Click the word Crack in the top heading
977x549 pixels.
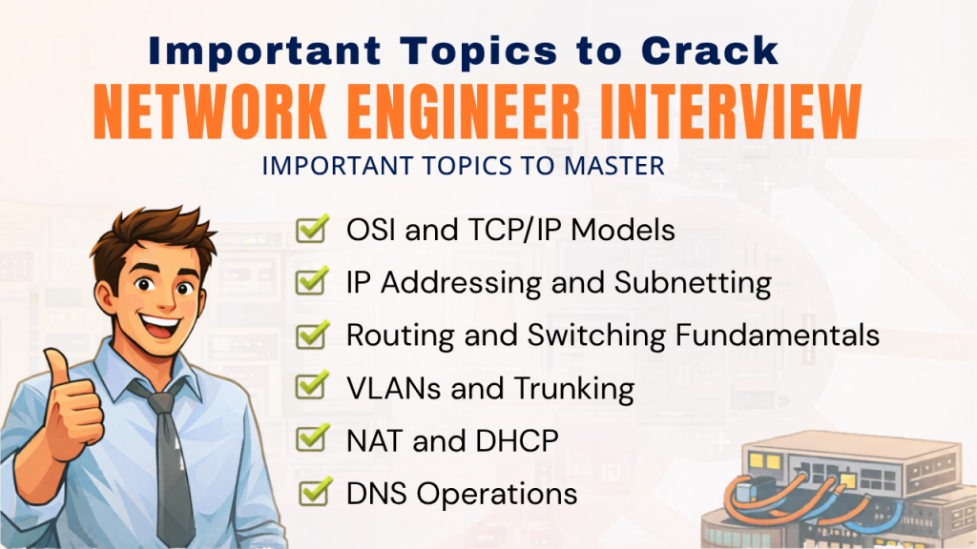(x=710, y=51)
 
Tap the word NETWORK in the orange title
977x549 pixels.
(x=210, y=112)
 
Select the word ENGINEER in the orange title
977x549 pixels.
(x=464, y=112)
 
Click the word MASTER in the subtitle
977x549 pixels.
(x=613, y=166)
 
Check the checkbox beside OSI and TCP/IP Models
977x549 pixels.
(x=313, y=229)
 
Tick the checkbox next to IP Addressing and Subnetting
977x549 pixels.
(x=313, y=281)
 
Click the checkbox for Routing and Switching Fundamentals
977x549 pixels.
(x=313, y=335)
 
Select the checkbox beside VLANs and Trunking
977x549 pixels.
(x=313, y=387)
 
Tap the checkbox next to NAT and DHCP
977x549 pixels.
(x=313, y=438)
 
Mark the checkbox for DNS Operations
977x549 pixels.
(x=315, y=492)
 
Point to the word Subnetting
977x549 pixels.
(x=693, y=283)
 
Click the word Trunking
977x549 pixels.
(x=573, y=389)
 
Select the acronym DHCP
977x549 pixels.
(x=516, y=441)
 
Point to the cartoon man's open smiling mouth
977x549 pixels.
(x=161, y=325)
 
